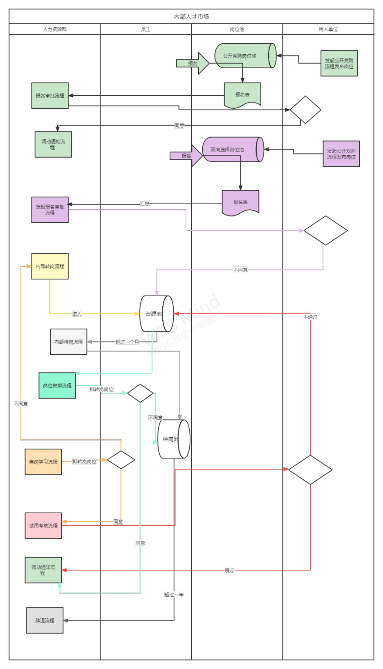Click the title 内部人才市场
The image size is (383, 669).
[x=191, y=16]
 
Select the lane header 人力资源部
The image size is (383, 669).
[x=54, y=29]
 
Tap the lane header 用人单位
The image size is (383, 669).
[x=328, y=29]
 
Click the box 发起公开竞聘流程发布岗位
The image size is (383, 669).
[x=339, y=63]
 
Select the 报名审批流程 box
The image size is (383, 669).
[x=50, y=96]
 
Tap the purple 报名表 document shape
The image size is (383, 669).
[x=240, y=202]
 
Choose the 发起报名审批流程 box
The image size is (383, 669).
[x=50, y=210]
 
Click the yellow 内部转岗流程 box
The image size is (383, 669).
[x=50, y=266]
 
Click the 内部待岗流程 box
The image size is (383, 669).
[x=68, y=342]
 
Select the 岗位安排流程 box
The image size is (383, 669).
[x=57, y=385]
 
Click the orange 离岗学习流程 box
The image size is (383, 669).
[x=43, y=462]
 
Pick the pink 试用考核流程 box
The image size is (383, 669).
[x=43, y=526]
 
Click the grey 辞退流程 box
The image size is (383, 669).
[x=45, y=620]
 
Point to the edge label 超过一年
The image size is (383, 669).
[x=174, y=595]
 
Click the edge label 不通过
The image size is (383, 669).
[x=310, y=317]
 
